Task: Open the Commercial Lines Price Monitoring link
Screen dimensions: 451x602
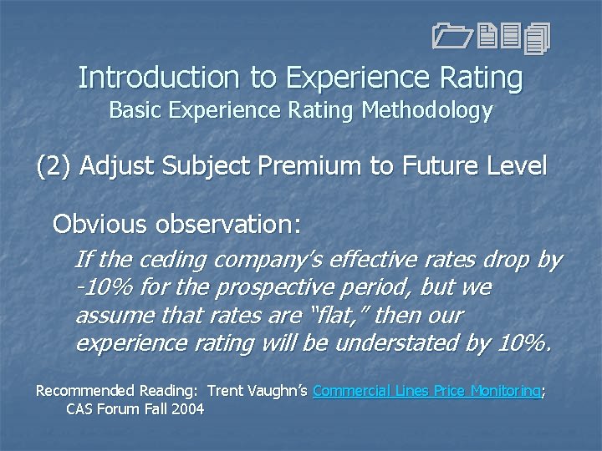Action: click(x=426, y=390)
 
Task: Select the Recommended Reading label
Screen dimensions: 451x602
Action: click(x=117, y=390)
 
